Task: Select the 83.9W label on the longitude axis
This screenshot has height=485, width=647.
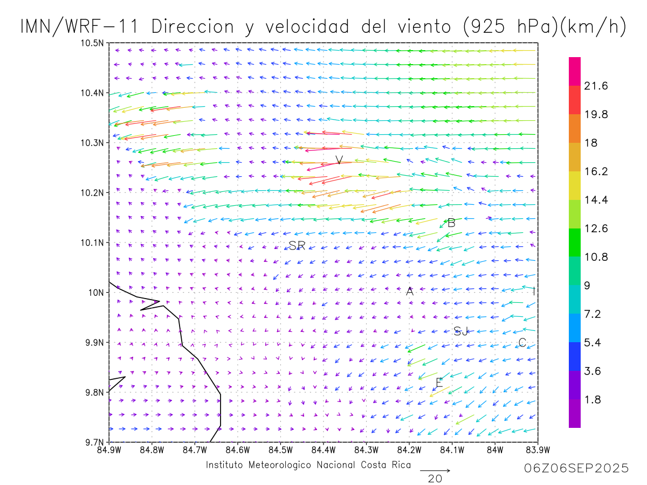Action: [538, 450]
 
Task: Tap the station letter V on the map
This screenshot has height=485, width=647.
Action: [339, 160]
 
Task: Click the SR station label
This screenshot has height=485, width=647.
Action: [297, 246]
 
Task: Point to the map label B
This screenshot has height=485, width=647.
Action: [451, 223]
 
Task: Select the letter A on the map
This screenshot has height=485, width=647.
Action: [410, 292]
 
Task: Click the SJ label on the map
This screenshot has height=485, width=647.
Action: [461, 331]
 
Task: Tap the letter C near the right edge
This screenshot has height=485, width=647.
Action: [522, 343]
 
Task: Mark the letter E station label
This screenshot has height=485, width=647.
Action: [439, 383]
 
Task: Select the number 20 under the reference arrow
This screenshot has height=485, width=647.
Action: [435, 479]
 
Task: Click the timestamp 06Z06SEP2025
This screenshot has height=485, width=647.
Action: [576, 469]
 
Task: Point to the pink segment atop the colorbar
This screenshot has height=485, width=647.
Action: [575, 71]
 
